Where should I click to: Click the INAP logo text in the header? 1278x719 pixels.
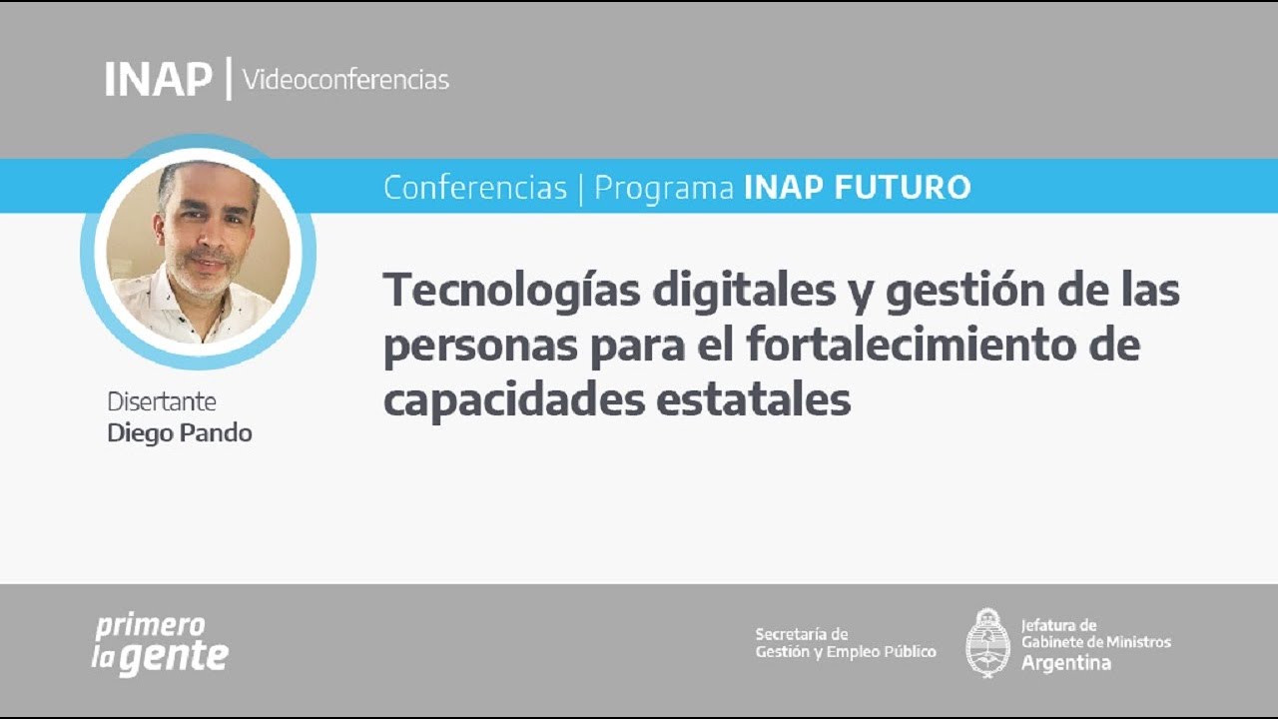[x=158, y=79]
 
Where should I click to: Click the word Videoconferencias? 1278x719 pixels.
[x=345, y=79]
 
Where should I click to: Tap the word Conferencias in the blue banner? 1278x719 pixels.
[x=475, y=187]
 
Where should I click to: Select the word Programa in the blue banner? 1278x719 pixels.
[x=664, y=187]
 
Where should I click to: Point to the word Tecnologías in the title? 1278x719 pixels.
[x=510, y=292]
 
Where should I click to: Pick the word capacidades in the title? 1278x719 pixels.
[x=511, y=400]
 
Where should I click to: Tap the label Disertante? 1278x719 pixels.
[x=162, y=401]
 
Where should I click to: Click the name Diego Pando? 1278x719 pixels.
[x=180, y=433]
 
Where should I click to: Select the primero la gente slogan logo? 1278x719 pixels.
[x=160, y=644]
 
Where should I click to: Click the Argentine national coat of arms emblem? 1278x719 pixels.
[x=987, y=643]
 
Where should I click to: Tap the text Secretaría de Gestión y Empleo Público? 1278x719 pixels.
[x=846, y=643]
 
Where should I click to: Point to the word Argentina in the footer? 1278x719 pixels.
[x=1065, y=663]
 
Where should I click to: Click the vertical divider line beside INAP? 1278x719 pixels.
[x=229, y=78]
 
